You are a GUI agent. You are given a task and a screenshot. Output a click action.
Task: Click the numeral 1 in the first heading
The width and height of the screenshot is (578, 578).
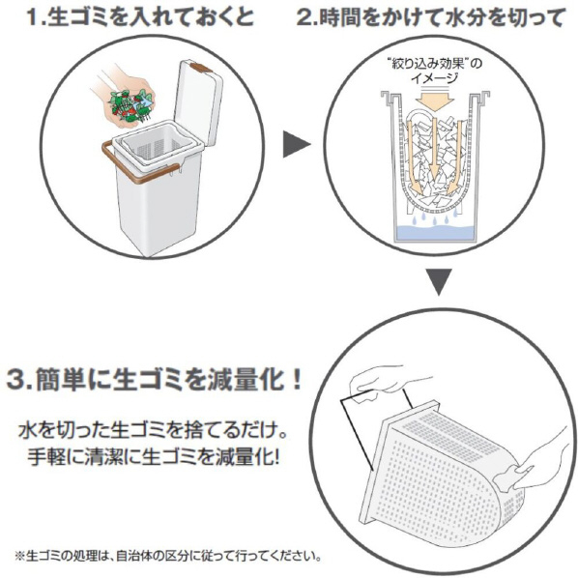pos(35,17)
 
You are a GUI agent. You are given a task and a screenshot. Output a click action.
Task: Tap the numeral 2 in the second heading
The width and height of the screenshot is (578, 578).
pos(304,17)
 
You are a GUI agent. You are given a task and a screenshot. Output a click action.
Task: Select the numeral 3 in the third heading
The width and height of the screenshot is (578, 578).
pos(16,380)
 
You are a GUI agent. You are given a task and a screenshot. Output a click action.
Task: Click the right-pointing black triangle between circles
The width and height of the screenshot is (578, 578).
pos(296,145)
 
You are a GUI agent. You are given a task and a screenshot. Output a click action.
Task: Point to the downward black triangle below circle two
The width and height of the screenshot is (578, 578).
pos(438,282)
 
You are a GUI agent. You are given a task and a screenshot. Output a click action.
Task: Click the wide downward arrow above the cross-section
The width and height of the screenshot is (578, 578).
pos(434,101)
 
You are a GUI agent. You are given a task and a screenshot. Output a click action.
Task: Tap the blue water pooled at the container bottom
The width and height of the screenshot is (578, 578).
pos(433,232)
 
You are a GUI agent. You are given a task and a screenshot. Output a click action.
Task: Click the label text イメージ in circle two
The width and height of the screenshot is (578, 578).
pos(435,78)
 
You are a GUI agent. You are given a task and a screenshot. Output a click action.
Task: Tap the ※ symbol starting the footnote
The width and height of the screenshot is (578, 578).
pos(19,556)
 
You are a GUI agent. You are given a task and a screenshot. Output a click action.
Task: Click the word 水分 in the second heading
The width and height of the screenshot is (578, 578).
pos(466,17)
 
